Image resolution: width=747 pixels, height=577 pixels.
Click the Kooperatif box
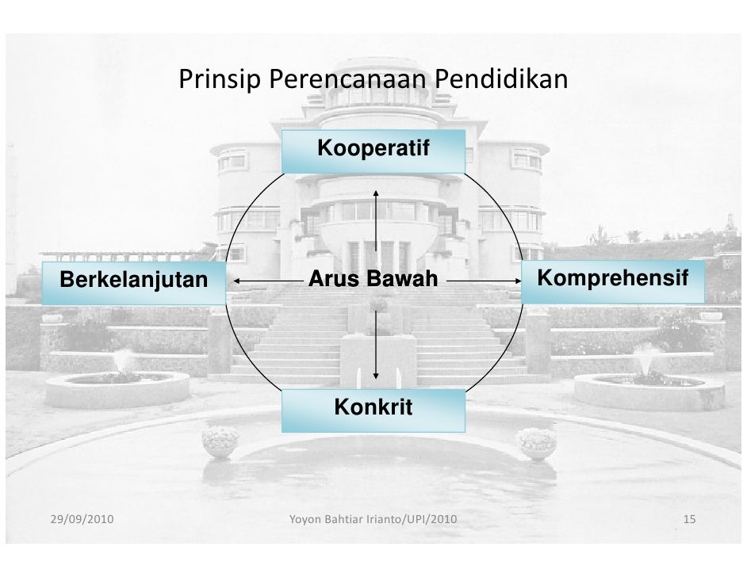pos(373,151)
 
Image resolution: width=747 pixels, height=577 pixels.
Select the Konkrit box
pos(373,410)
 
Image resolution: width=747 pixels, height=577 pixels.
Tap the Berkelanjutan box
pos(133,281)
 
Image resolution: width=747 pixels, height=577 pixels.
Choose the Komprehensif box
pos(612,280)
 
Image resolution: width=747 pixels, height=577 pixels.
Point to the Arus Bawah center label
pos(373,280)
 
